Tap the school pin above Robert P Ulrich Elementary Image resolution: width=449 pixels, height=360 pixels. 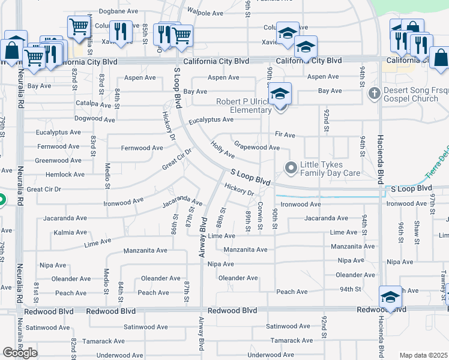(x=280, y=94)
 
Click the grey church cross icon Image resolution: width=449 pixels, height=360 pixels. (x=374, y=92)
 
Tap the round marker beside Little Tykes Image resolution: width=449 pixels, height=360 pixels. (x=292, y=168)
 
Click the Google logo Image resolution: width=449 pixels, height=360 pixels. (x=20, y=353)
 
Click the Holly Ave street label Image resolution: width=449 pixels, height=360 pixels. (x=223, y=149)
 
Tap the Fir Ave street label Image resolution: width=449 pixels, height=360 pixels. (x=285, y=136)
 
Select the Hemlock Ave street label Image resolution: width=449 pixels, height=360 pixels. (x=68, y=175)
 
